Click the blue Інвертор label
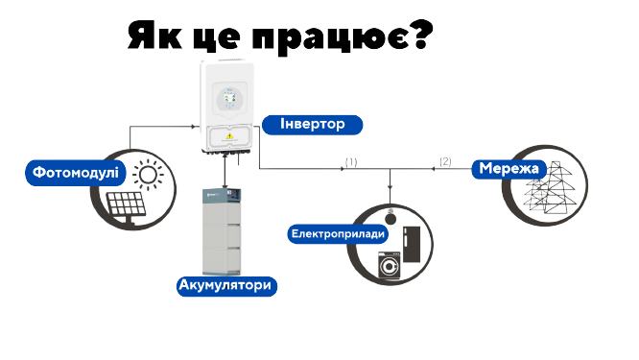312,125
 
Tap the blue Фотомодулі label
76,173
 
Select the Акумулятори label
226,286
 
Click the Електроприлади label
338,234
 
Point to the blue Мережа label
509,169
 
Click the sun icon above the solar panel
148,175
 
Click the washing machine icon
390,265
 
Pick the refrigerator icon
412,245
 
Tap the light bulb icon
390,217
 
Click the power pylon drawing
550,187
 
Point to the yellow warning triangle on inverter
230,135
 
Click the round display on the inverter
230,100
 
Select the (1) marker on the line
351,162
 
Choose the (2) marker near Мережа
445,161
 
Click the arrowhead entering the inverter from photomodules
194,127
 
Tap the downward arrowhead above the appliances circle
390,187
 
